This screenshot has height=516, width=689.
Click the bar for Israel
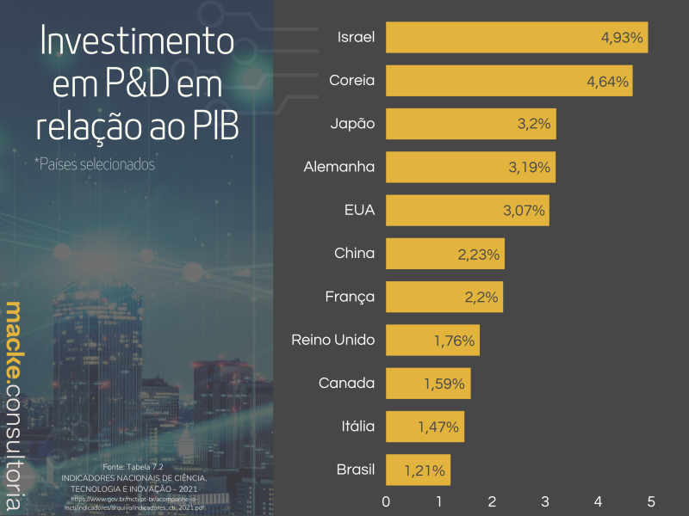pos(517,37)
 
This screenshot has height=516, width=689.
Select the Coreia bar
pos(509,80)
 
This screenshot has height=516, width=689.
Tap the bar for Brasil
pos(418,470)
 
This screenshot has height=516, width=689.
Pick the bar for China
pos(444,254)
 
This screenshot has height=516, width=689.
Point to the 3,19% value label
pos(530,167)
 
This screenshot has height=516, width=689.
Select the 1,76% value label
pos(454,341)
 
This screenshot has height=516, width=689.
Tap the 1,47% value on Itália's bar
pos(439,427)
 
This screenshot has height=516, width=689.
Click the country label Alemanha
pos(339,167)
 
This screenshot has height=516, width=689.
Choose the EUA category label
pos(359,210)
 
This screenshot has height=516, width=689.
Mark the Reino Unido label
pos(333,340)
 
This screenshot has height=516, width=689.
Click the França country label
pos(350,297)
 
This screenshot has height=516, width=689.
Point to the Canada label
pos(346,383)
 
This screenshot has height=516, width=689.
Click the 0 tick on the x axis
pos(386,501)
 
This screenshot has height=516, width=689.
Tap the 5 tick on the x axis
pos(651,501)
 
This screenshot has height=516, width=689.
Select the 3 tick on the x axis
pos(545,501)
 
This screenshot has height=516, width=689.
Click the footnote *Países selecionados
pos(95,163)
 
